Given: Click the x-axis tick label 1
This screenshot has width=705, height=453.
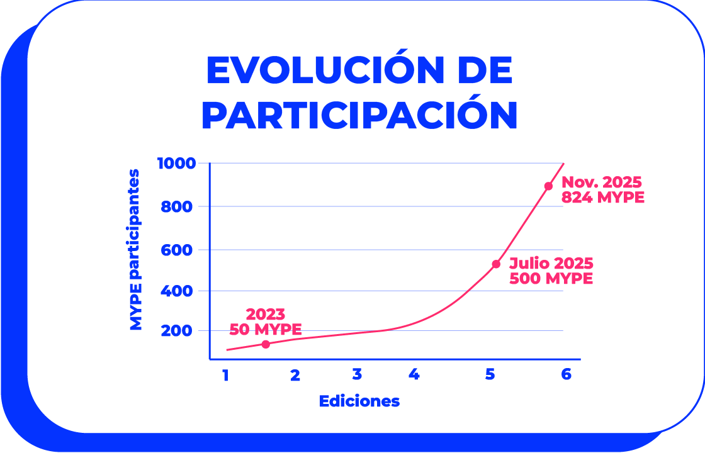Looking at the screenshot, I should [225, 376].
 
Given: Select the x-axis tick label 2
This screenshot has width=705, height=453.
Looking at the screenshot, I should [295, 376].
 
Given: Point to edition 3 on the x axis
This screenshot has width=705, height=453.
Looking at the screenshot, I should [357, 375].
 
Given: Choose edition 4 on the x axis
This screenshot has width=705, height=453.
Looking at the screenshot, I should [414, 375].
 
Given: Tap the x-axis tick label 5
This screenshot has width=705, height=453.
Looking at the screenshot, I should [490, 375].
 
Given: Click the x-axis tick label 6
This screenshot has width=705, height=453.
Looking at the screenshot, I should [566, 374].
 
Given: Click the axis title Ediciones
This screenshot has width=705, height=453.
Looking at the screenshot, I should [359, 401].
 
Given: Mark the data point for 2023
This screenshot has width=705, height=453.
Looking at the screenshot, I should [266, 344].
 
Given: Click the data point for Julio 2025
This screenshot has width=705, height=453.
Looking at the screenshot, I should [496, 264].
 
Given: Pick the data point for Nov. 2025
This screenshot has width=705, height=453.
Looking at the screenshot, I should [548, 186].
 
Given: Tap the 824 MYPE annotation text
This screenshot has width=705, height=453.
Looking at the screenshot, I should [603, 198].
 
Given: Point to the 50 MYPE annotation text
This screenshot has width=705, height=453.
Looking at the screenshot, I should [265, 329].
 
